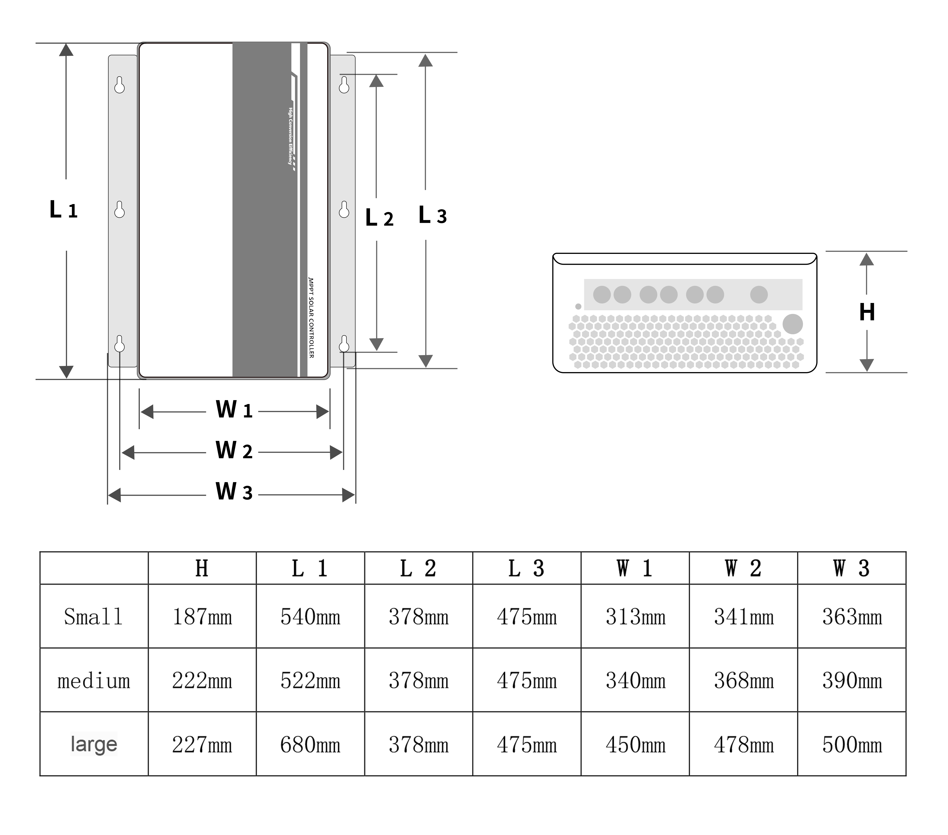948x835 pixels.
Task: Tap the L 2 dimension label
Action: [x=379, y=218]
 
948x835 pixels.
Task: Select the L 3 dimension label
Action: [x=432, y=216]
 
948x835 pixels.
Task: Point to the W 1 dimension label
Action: [x=234, y=410]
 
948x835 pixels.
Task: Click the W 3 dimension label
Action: [x=234, y=492]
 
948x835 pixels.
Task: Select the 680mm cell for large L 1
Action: [x=310, y=745]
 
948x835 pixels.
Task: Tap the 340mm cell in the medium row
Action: [x=635, y=681]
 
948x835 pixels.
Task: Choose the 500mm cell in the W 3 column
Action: [x=852, y=745]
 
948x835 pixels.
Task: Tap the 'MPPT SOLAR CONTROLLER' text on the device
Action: [x=311, y=318]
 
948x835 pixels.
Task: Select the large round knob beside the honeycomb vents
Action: [x=793, y=324]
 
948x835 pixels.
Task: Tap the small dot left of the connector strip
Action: [x=578, y=306]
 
